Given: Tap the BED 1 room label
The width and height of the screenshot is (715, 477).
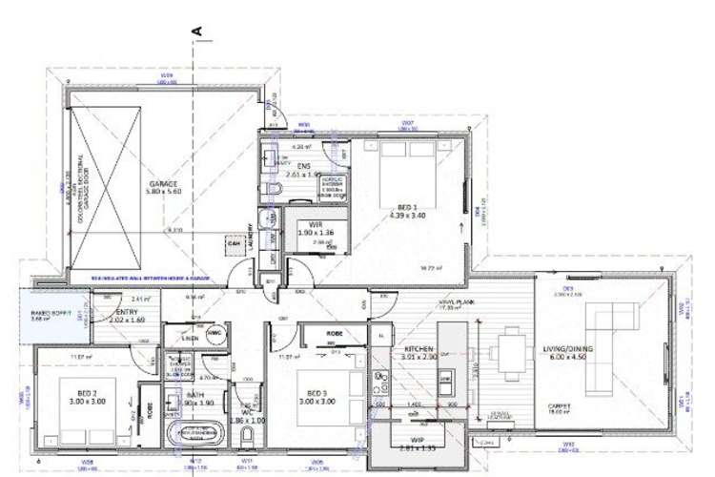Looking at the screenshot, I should click(398, 206).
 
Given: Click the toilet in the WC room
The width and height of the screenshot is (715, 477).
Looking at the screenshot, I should click(247, 437).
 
